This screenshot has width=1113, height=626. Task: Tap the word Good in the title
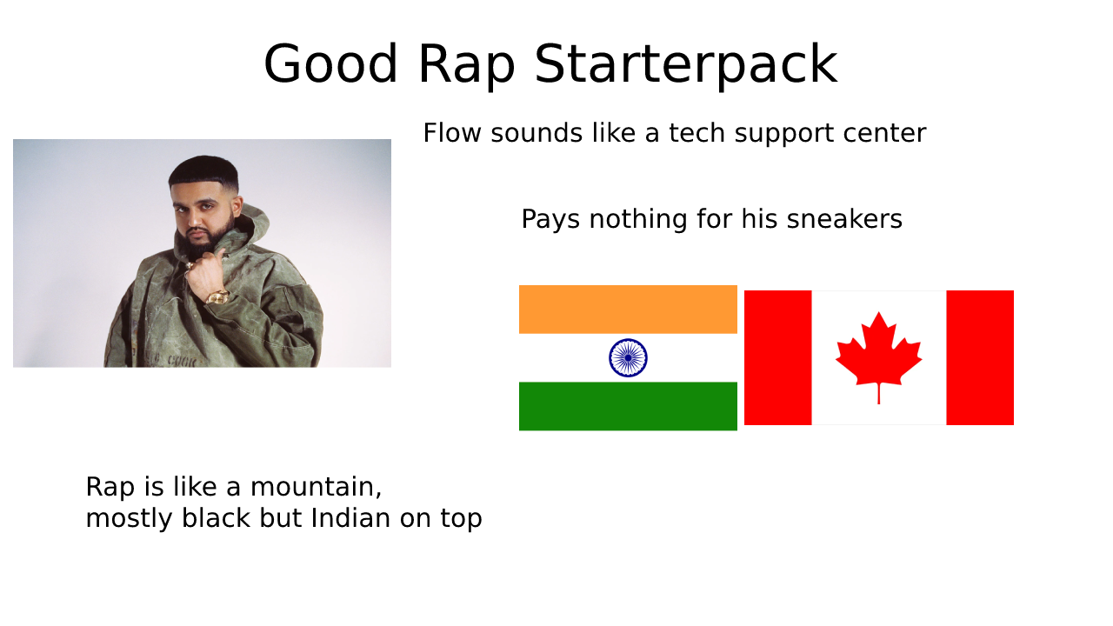(331, 65)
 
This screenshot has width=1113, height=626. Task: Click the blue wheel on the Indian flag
(628, 357)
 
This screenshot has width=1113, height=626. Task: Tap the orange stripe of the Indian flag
(628, 310)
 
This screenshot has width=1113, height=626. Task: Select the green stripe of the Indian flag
(628, 406)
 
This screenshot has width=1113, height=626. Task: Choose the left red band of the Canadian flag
(777, 357)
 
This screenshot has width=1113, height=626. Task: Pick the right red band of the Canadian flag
(980, 357)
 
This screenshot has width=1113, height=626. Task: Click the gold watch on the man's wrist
(217, 296)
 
